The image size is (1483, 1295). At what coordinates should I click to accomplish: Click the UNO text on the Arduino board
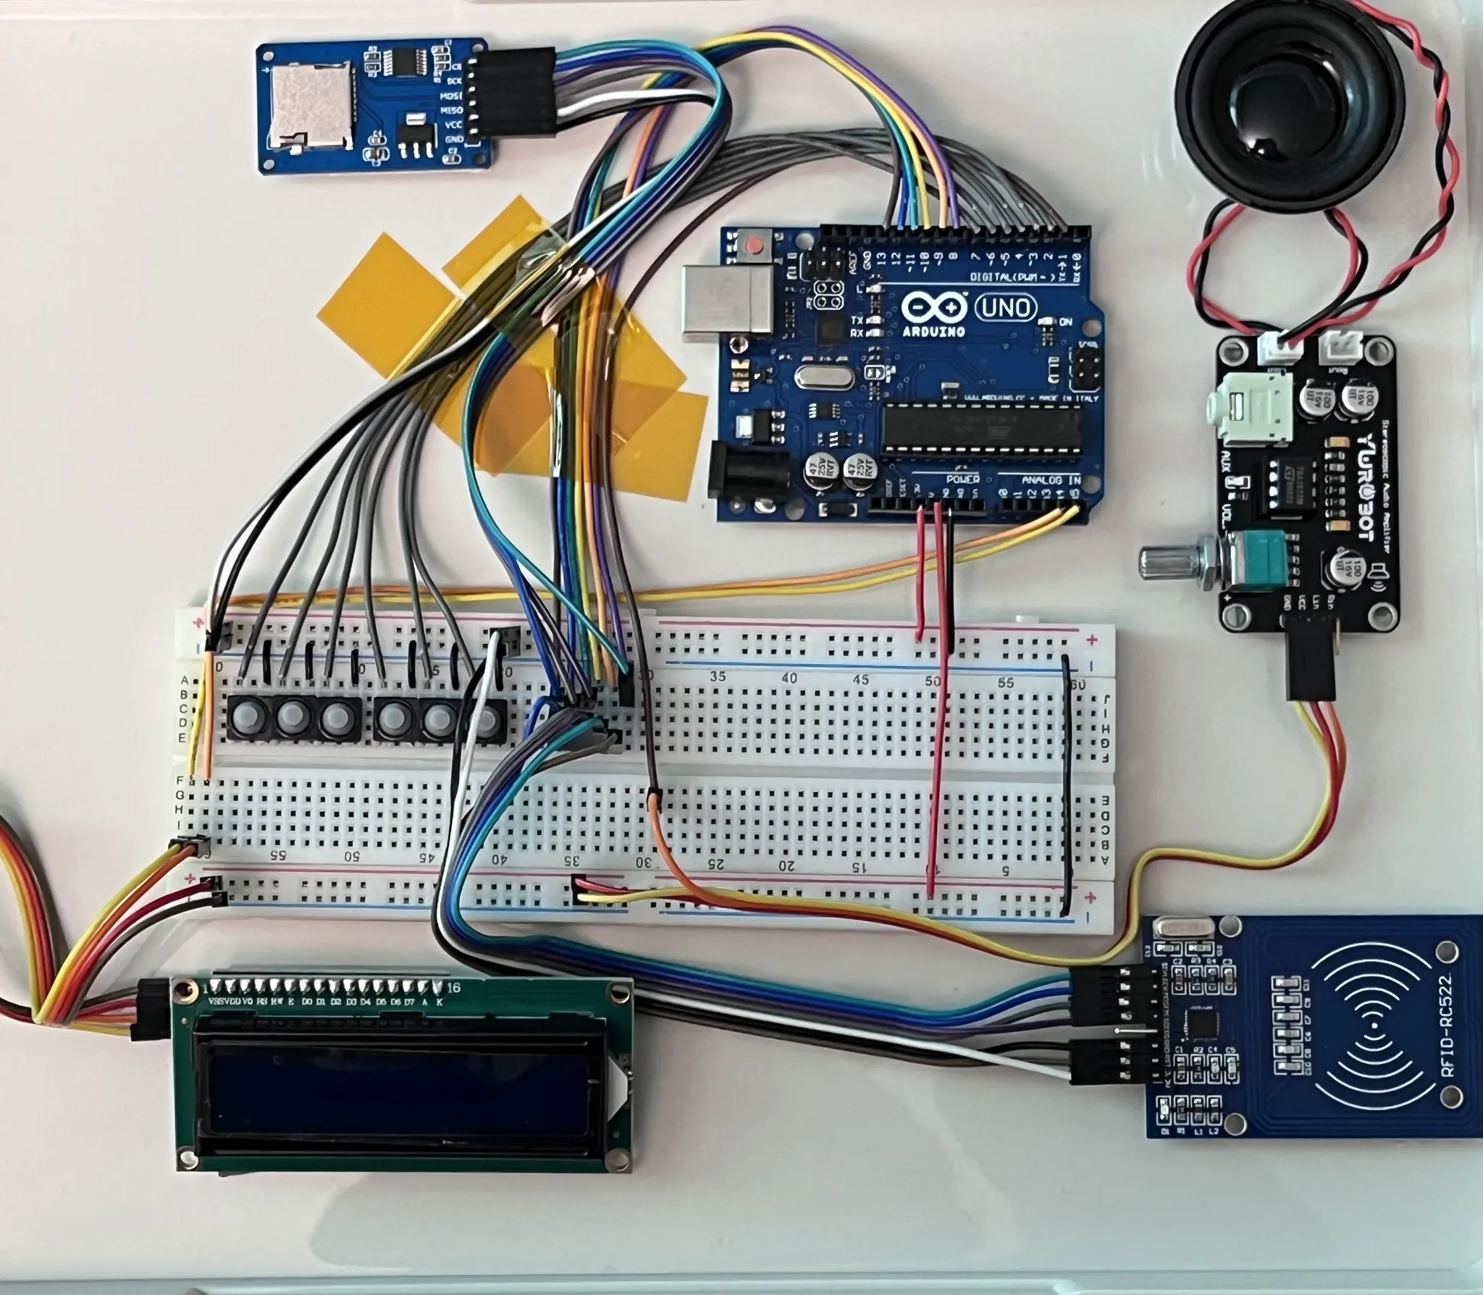click(x=1007, y=309)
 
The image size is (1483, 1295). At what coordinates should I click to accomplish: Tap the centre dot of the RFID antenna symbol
click(x=1375, y=1027)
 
